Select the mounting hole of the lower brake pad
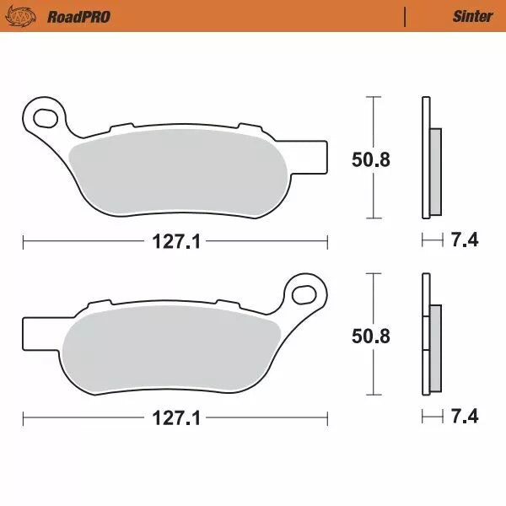305,293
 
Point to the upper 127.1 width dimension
175,242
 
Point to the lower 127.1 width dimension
175,417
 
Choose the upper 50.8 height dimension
370,158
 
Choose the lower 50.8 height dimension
370,335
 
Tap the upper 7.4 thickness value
465,241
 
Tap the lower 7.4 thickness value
465,417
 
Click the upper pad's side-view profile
427,160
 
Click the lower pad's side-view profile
427,337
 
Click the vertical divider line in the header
406,16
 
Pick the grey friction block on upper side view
435,169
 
